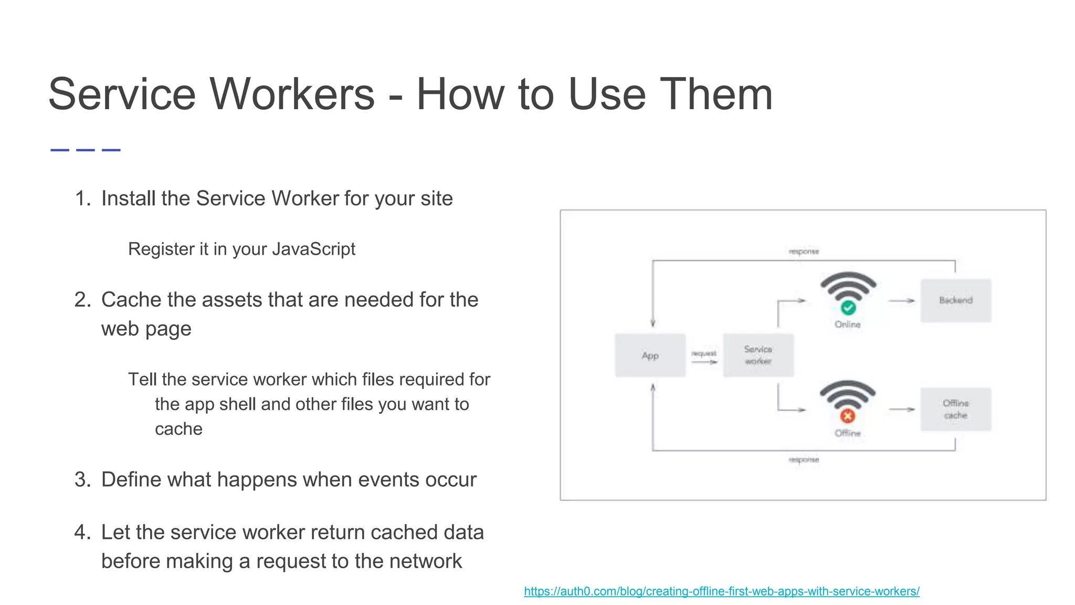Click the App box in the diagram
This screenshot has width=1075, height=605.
[650, 356]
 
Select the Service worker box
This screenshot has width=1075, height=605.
[758, 356]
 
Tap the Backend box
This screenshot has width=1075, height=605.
[956, 300]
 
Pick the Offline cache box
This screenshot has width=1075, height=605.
[956, 409]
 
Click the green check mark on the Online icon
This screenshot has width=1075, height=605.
[848, 308]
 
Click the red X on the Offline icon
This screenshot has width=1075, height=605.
[847, 416]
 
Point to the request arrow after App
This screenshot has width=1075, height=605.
[704, 361]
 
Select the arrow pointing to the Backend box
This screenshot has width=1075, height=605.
[902, 301]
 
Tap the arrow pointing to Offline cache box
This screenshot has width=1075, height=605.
[902, 409]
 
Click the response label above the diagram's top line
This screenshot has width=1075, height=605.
[804, 252]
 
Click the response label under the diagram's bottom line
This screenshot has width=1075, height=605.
[804, 460]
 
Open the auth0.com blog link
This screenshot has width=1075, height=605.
[722, 591]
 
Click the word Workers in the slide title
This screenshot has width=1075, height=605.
[292, 95]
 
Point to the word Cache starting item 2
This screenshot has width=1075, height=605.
[131, 300]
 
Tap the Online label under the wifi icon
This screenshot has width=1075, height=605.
[847, 325]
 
